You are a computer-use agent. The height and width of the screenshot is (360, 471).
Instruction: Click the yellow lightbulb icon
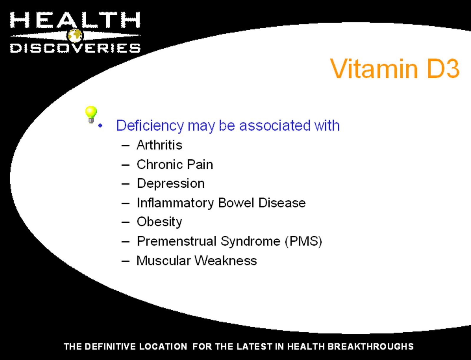[x=91, y=114]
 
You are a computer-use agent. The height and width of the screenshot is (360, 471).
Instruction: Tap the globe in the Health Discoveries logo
[x=75, y=35]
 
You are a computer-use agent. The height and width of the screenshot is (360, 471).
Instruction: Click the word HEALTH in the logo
[x=75, y=20]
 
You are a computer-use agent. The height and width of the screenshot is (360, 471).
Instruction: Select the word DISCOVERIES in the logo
[x=75, y=48]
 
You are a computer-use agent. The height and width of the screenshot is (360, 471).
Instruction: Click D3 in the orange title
[x=443, y=69]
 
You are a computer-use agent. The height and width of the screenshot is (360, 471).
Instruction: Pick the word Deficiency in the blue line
[x=150, y=125]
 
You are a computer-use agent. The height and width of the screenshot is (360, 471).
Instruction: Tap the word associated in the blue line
[x=275, y=125]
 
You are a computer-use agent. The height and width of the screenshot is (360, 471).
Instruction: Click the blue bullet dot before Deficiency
[x=100, y=126]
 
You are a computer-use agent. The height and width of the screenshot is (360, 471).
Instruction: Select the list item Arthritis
[x=160, y=145]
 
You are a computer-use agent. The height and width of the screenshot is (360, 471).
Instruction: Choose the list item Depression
[x=171, y=184]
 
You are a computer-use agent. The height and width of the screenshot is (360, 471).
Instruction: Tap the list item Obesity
[x=160, y=222]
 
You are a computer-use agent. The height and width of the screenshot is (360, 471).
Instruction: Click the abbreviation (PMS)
[x=304, y=241]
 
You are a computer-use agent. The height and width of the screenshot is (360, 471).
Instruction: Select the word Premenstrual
[x=177, y=241]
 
